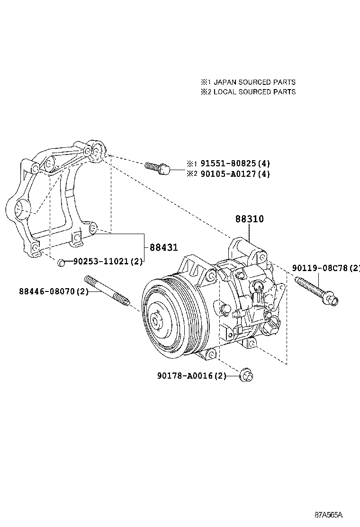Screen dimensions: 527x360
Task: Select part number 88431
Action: point(163,247)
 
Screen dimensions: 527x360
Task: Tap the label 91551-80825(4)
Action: point(235,164)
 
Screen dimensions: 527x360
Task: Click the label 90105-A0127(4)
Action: point(235,174)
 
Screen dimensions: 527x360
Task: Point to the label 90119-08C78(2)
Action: point(326,268)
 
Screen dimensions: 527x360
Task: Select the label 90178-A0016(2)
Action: point(192,376)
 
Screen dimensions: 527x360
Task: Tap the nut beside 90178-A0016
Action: point(246,375)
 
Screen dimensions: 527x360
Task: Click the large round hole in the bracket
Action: point(21,208)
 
